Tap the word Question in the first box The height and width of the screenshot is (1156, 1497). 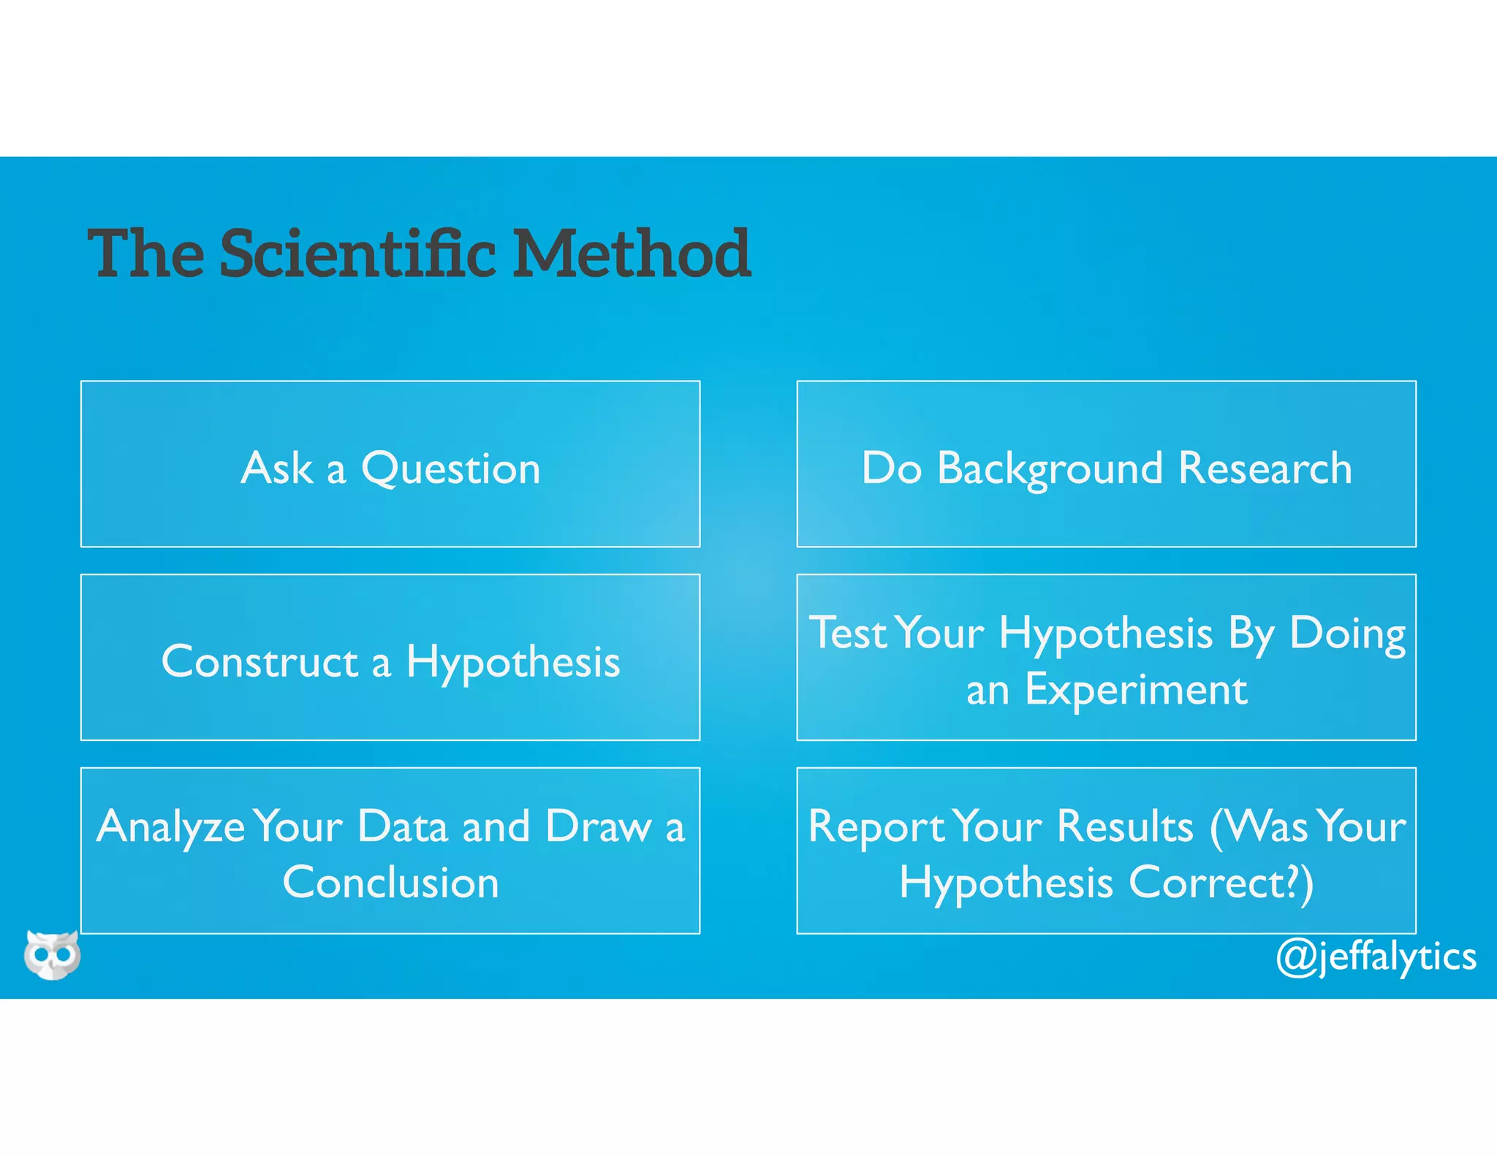coord(450,468)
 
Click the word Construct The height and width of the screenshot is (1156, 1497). coord(259,662)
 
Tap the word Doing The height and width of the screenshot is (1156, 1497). coord(1347,633)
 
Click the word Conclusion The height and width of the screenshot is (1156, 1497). coord(390,883)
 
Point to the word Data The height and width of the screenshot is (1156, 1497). coord(402,826)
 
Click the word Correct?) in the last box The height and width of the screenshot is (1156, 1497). coord(1221,883)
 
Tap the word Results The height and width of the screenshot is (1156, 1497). coord(1125,826)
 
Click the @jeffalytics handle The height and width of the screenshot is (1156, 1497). coord(1376,957)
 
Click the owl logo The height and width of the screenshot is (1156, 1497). coord(52,954)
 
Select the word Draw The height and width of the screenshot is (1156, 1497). coord(599,826)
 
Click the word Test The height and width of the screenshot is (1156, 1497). coord(847,633)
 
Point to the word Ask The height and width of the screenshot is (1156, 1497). coord(277,468)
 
